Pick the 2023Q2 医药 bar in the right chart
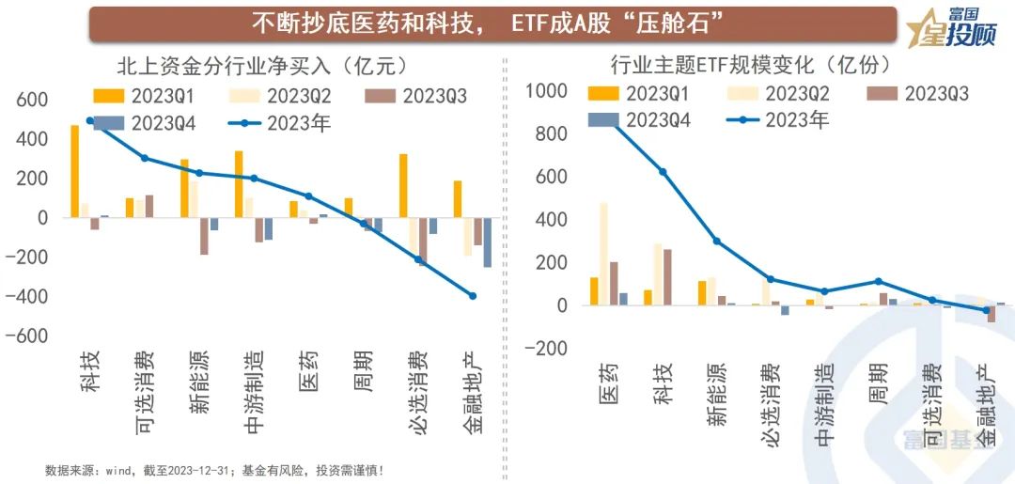(604, 254)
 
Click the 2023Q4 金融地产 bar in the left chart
(487, 242)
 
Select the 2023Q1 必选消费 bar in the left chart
(403, 185)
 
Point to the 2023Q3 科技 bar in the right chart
(667, 277)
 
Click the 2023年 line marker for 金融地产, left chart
(473, 296)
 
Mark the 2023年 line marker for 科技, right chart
(663, 172)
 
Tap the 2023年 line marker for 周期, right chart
(879, 281)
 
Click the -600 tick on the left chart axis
(31, 336)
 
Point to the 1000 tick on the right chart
(546, 91)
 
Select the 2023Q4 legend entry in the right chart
(639, 119)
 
